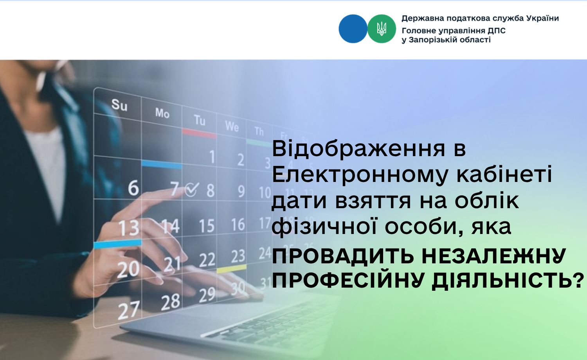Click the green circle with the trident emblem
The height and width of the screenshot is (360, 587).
point(382,29)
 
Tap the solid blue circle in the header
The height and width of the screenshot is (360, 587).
point(353,29)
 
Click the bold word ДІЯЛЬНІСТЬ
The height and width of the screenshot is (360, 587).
point(508,281)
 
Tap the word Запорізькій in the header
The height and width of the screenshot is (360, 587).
point(435,40)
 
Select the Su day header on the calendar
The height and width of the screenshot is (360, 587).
point(119,105)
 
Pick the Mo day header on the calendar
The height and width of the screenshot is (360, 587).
point(162,113)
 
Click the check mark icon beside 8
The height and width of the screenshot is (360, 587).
point(192,189)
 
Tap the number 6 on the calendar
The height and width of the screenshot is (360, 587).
point(133,188)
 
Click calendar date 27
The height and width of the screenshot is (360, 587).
point(128,311)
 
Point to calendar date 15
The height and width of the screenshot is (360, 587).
point(207,226)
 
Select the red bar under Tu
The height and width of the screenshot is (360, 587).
point(199,133)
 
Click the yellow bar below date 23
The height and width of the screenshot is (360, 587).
point(232,268)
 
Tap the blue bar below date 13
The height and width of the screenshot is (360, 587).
point(118,244)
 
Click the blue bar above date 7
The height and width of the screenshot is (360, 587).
point(162,164)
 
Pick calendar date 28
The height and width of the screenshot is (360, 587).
point(171,302)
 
